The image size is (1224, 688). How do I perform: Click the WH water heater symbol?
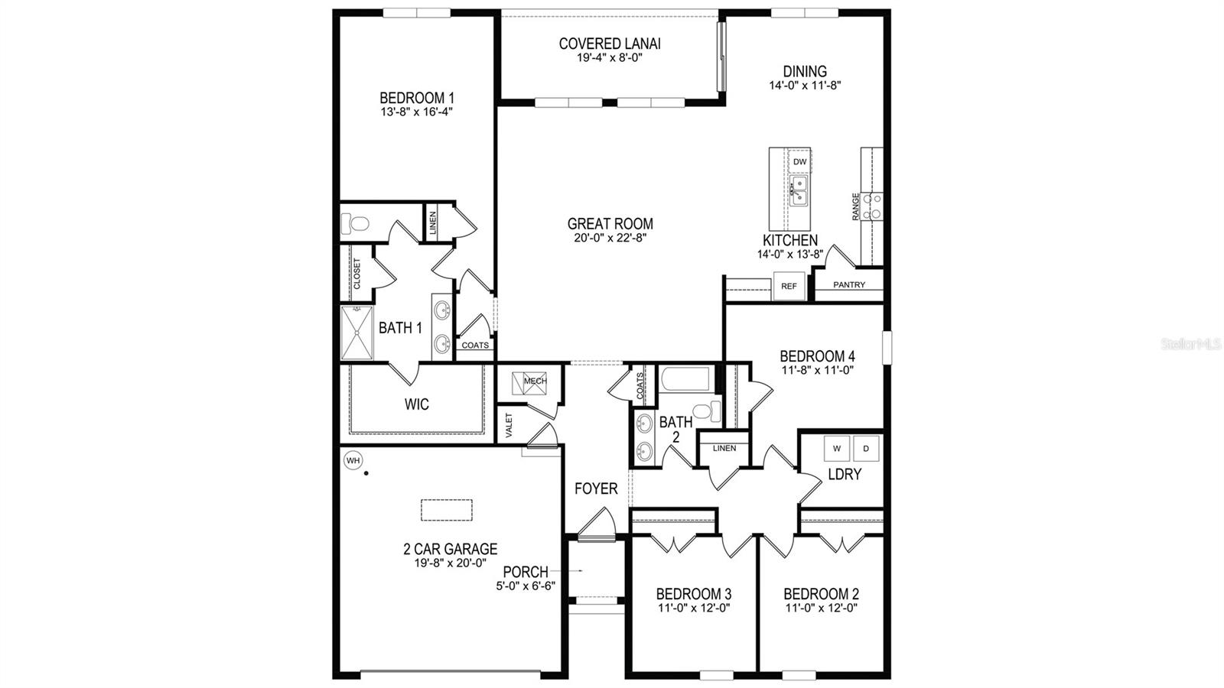tap(353, 460)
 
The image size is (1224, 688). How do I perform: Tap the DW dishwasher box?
tap(799, 162)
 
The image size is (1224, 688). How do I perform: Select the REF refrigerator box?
tap(789, 287)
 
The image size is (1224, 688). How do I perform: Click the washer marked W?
tap(836, 448)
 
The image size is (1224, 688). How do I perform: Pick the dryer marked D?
tap(866, 448)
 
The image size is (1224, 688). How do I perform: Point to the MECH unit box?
tap(535, 381)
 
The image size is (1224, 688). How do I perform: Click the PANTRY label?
tap(849, 285)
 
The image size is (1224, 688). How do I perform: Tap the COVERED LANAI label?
tap(610, 44)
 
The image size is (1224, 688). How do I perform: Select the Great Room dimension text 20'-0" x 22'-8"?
tap(610, 237)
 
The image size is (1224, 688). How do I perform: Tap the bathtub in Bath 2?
tap(686, 379)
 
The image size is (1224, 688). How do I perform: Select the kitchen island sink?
tap(799, 190)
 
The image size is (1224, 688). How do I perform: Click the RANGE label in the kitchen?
tap(856, 206)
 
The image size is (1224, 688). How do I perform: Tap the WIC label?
tap(417, 404)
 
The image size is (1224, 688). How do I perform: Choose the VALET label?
tap(509, 425)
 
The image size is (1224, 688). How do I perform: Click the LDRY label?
tap(845, 475)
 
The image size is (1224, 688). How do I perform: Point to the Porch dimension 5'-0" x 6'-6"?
tap(526, 586)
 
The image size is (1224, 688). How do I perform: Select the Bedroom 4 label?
tap(817, 356)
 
